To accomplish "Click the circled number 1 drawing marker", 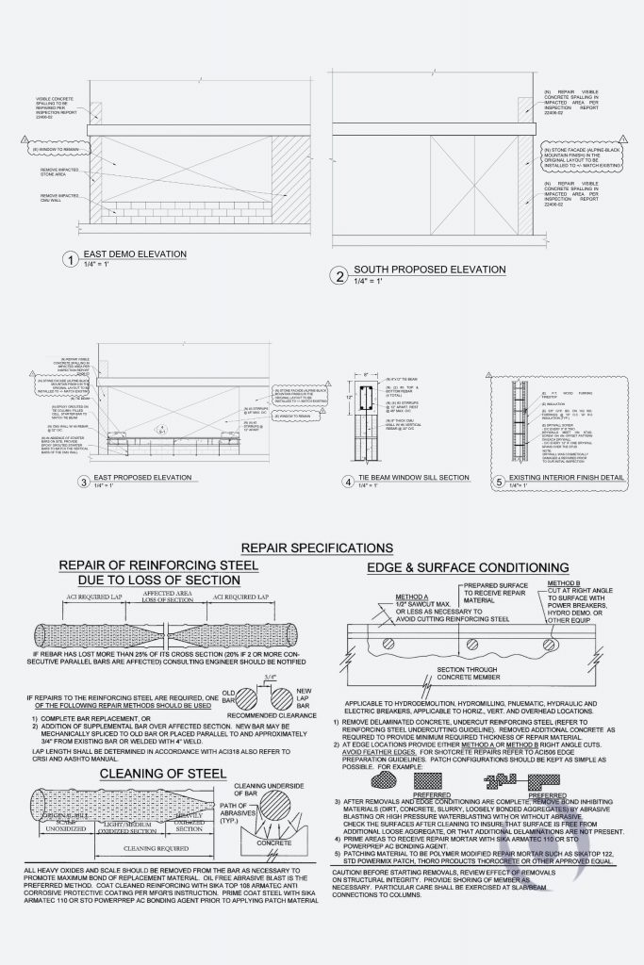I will point(68,260).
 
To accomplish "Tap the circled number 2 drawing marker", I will point(339,275).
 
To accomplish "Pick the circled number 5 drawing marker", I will point(500,482).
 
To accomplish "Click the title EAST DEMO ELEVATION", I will point(135,254).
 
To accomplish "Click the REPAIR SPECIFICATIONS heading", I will point(317,548).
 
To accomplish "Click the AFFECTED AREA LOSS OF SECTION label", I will point(171,597).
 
